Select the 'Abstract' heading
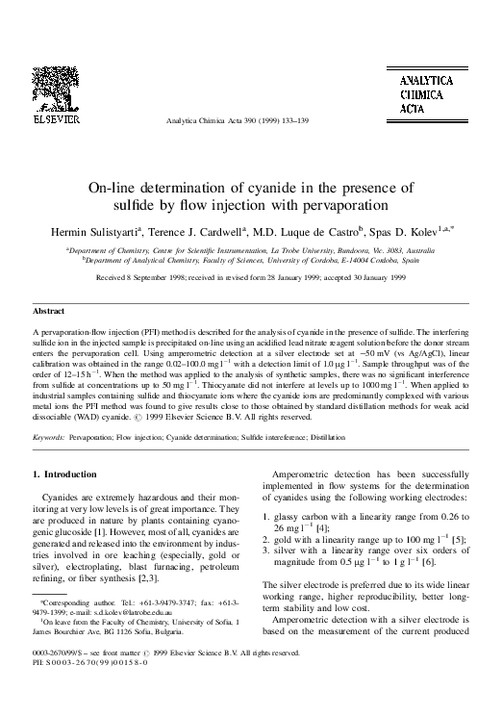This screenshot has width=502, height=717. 49,313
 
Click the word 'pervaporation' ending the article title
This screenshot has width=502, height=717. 344,205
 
